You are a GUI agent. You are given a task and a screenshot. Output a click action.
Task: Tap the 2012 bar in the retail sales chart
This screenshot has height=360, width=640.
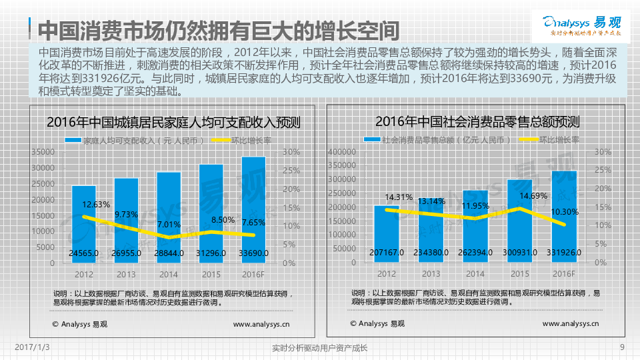(x=387, y=230)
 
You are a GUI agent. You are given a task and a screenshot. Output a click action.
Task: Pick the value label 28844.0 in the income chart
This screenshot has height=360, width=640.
(x=169, y=253)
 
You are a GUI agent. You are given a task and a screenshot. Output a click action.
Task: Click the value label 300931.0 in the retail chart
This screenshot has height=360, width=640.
(x=519, y=253)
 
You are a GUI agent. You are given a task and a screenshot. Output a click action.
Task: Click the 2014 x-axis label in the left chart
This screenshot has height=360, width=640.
(x=169, y=274)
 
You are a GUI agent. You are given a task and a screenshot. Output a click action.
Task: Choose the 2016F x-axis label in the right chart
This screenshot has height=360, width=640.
(x=563, y=274)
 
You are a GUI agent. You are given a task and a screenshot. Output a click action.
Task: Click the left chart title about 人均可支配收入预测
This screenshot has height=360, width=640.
(x=173, y=123)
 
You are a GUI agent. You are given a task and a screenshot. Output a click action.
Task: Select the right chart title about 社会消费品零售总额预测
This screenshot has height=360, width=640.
(x=477, y=122)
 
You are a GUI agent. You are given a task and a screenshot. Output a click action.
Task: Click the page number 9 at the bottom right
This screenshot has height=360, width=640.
(x=621, y=347)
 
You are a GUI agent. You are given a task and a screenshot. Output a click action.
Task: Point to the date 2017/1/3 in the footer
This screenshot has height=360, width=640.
(x=33, y=347)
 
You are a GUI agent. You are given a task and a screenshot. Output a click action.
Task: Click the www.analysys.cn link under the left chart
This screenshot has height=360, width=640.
(x=261, y=324)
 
